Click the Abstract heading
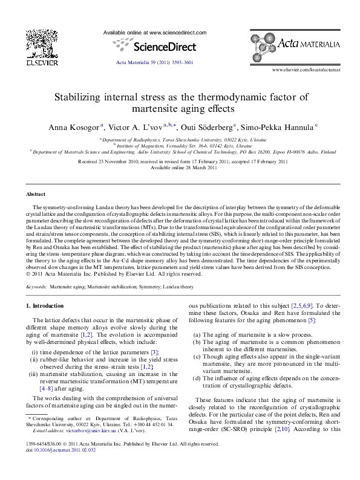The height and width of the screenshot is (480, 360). pyautogui.click(x=36, y=195)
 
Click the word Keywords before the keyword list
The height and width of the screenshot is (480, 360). pyautogui.click(x=38, y=285)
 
